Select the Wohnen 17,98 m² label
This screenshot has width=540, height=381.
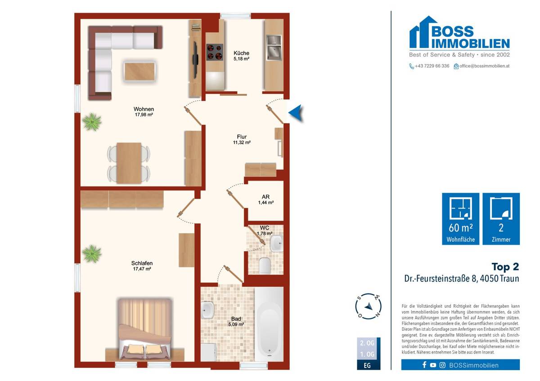(144, 112)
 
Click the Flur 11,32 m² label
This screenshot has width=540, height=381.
(242, 139)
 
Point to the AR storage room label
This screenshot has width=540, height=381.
(265, 199)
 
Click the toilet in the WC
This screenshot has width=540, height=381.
(265, 266)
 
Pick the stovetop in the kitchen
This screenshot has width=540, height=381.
(215, 52)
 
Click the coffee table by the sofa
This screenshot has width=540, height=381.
(140, 71)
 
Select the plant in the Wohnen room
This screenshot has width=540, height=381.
(92, 121)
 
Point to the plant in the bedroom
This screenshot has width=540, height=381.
(92, 253)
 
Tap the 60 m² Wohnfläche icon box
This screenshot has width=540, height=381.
(460, 219)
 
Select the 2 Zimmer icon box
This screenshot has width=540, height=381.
(501, 219)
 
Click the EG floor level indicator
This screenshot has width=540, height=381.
(368, 365)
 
